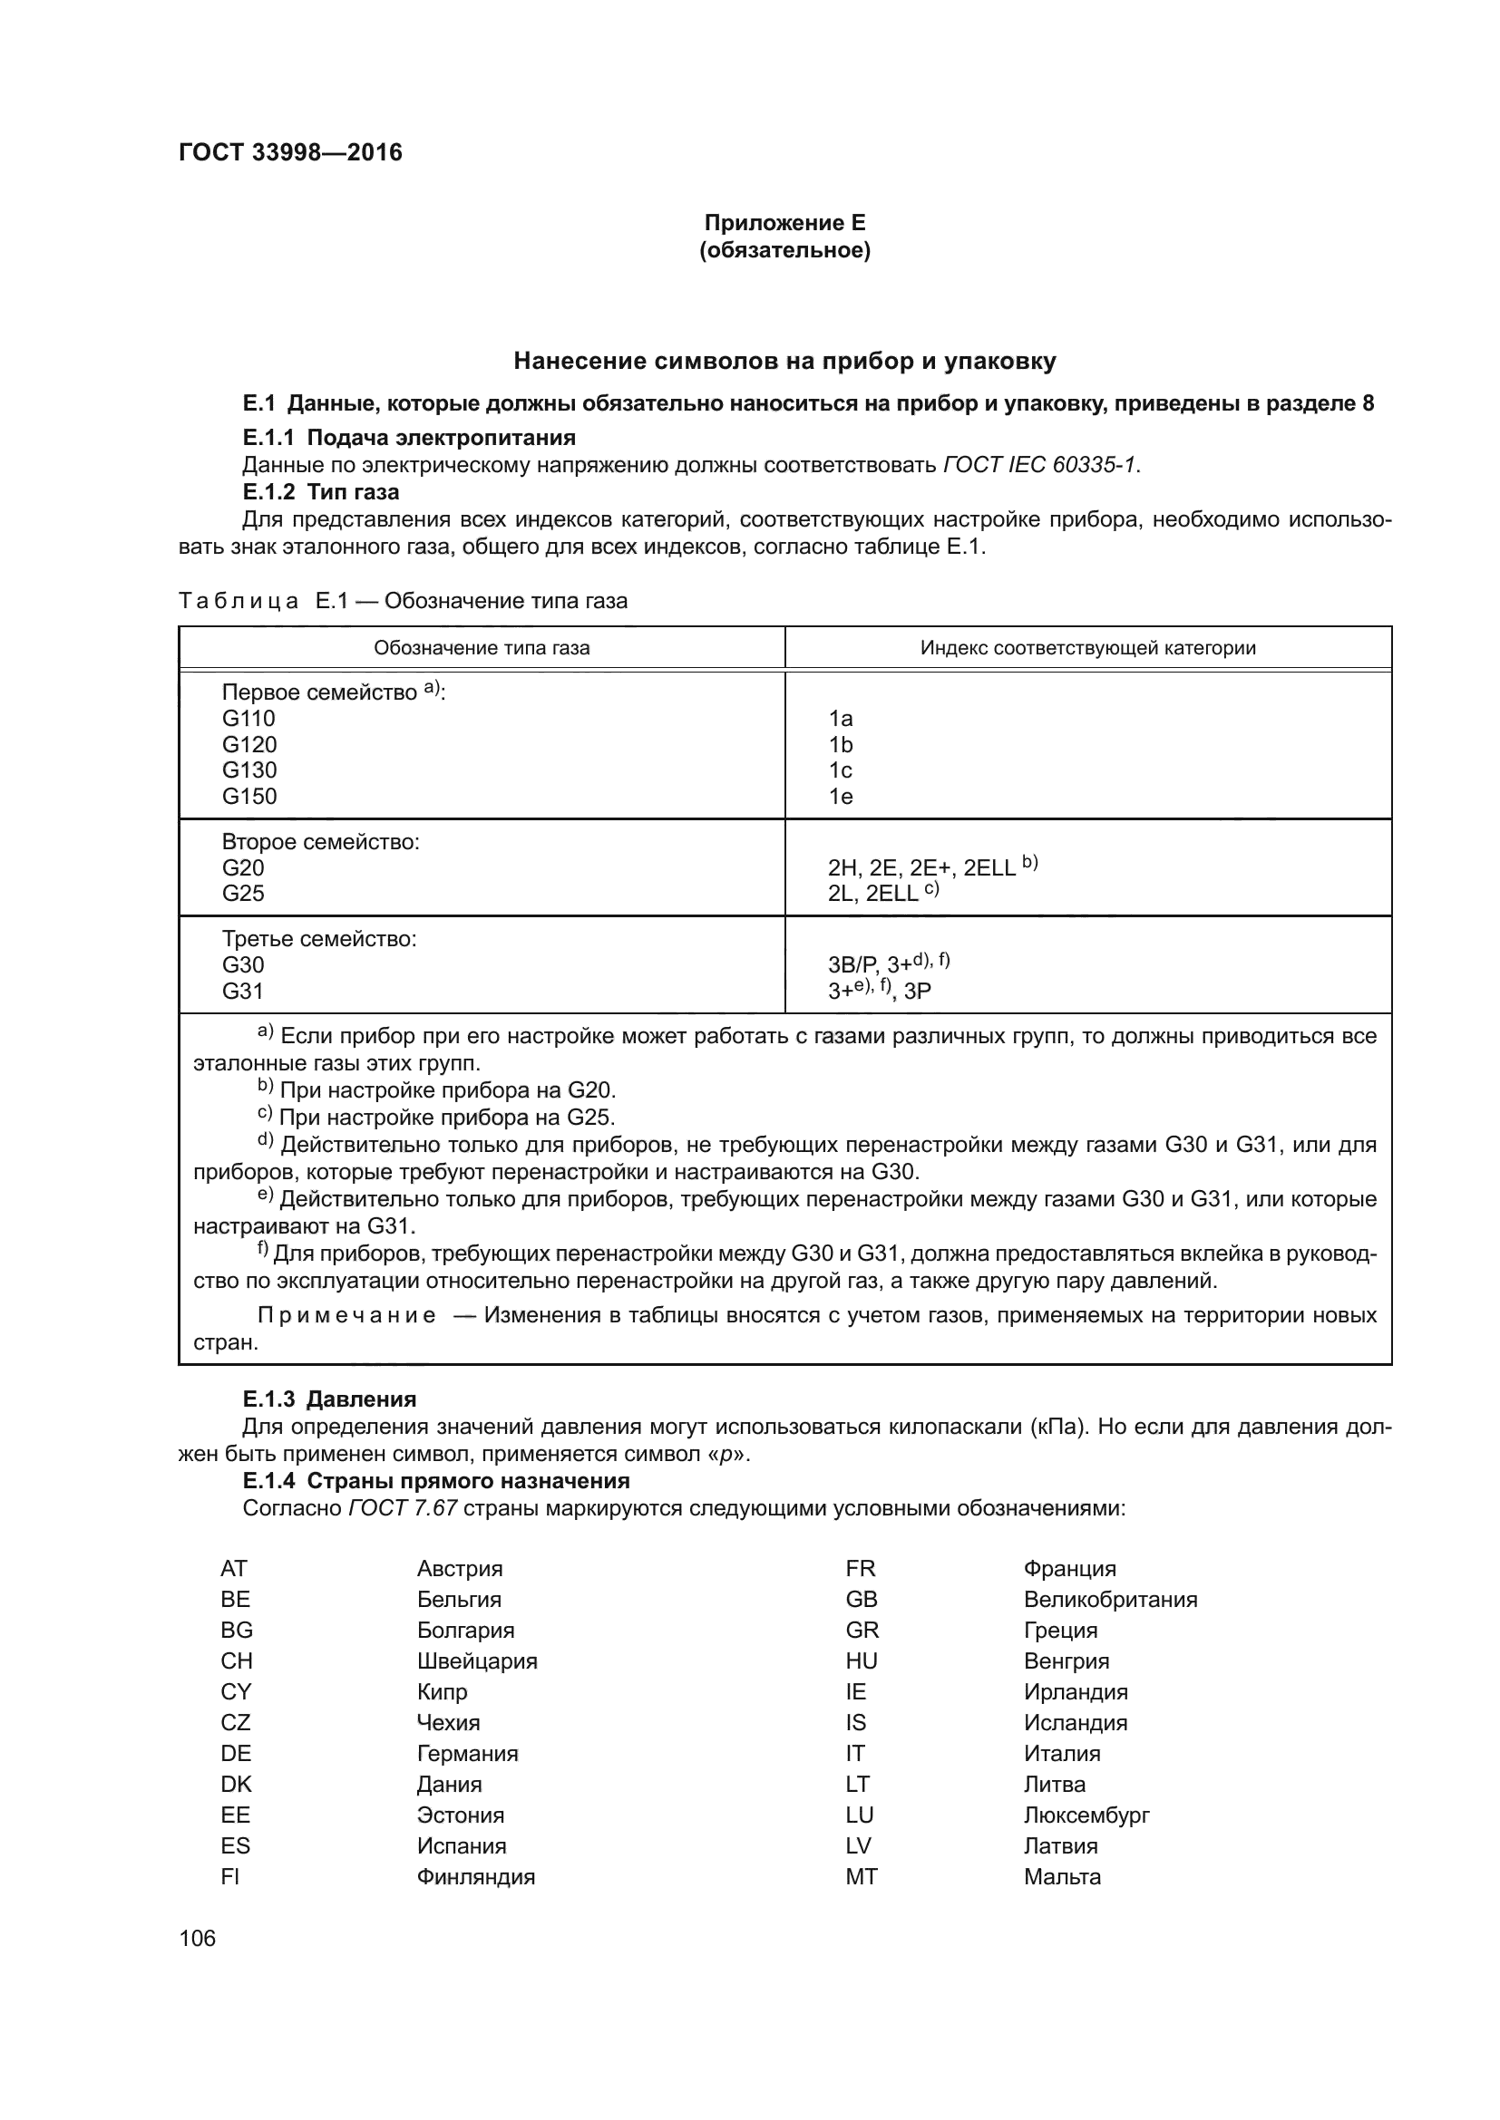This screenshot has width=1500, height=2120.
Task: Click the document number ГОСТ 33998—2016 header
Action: click(x=290, y=152)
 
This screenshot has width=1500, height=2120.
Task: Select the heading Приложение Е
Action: click(x=784, y=223)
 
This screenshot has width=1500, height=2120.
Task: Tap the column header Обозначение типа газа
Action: click(x=482, y=647)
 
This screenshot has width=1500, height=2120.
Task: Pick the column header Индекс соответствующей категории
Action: click(x=1087, y=647)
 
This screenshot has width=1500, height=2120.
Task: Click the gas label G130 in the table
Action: click(x=248, y=770)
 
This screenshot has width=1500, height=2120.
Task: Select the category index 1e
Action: click(x=840, y=796)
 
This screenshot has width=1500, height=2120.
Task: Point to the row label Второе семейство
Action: click(x=319, y=841)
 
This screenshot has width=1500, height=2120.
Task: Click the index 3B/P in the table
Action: click(x=851, y=965)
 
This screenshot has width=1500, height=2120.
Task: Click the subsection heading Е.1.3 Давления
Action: click(x=329, y=1398)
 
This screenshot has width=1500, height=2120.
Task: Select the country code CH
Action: click(x=237, y=1661)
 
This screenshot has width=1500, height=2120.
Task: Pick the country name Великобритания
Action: click(x=1109, y=1599)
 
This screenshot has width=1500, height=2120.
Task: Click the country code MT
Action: click(x=861, y=1876)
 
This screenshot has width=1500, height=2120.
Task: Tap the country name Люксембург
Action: click(x=1086, y=1815)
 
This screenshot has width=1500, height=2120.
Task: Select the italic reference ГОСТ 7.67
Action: click(x=403, y=1508)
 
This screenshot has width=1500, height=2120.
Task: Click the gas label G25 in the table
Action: click(x=243, y=893)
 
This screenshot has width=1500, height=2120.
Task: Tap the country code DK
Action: click(x=236, y=1784)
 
